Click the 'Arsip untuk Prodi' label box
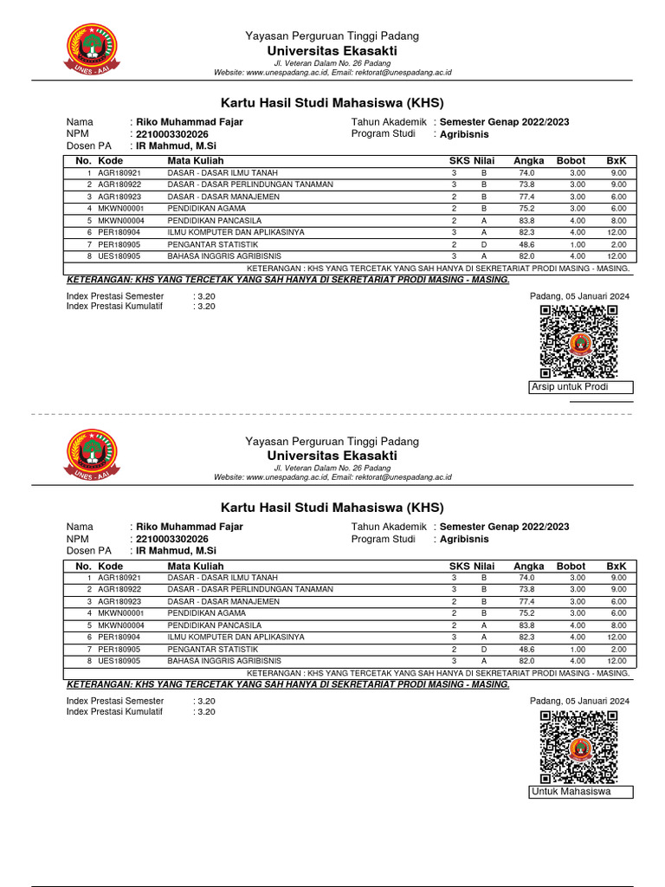click(x=580, y=387)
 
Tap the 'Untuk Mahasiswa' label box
click(x=580, y=792)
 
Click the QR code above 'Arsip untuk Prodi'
click(x=579, y=342)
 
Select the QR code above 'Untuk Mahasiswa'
click(x=579, y=747)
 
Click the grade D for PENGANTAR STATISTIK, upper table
click(x=484, y=245)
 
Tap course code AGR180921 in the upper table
click(x=119, y=173)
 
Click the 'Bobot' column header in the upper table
click(x=571, y=161)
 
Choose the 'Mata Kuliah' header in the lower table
click(x=196, y=566)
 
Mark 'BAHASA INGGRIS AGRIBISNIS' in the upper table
click(x=224, y=256)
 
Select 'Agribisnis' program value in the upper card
click(x=464, y=134)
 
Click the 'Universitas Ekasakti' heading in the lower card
click(x=332, y=456)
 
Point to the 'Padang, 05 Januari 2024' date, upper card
click(x=579, y=296)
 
